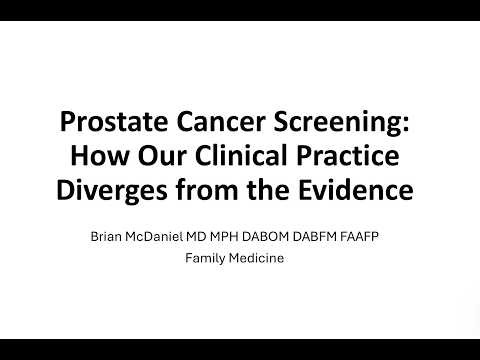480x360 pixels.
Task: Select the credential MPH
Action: point(246,238)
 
